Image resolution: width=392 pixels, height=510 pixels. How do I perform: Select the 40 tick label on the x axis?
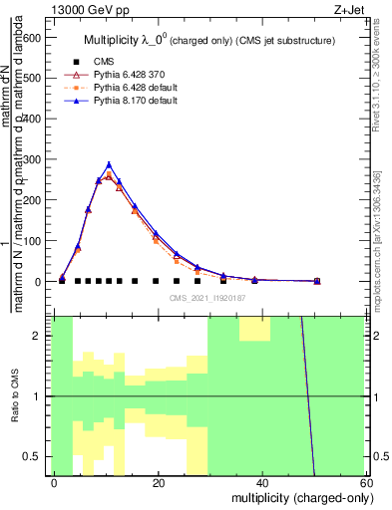click(x=262, y=482)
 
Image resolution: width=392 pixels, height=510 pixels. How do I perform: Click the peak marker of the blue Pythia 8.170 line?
click(x=109, y=164)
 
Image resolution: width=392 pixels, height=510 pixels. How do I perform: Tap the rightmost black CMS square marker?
click(x=317, y=282)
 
